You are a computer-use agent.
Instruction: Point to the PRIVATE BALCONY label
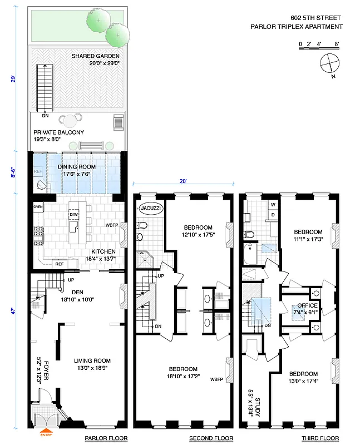[x=58, y=132]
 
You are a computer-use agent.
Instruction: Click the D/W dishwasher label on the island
[x=73, y=214]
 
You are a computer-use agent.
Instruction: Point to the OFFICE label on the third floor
[x=307, y=305]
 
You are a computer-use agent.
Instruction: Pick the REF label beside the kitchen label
[x=59, y=264]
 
